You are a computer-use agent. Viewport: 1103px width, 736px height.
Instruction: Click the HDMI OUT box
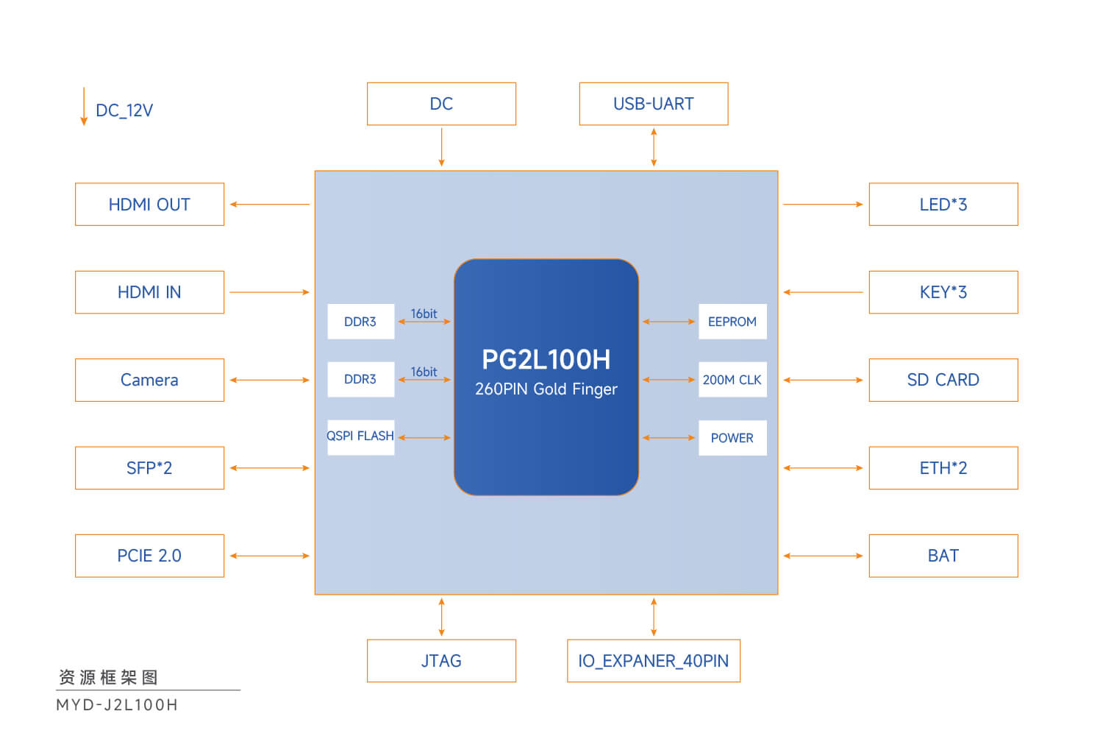tap(149, 205)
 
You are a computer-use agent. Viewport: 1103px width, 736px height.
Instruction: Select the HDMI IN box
tap(149, 292)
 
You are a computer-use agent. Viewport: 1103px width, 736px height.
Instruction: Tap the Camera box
tap(149, 380)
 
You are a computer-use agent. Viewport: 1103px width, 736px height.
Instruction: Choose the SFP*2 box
tap(149, 468)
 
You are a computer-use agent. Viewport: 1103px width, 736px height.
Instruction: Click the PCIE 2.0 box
tap(149, 556)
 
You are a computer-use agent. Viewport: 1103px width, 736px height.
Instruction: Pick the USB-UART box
tap(654, 104)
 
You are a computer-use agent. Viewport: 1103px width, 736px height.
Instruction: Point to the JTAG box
tap(441, 661)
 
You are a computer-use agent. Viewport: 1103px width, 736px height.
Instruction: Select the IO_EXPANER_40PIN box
tap(654, 661)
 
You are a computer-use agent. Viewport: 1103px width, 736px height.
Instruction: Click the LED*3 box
tap(943, 205)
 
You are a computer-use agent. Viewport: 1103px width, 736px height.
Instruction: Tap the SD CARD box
tap(943, 380)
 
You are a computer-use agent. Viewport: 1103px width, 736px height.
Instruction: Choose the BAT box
tap(943, 556)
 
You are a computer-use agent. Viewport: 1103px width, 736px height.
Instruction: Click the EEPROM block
tap(732, 322)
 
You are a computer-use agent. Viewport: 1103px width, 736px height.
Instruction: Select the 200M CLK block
tap(732, 380)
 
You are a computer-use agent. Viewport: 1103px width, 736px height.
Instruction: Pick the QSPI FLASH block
tap(360, 437)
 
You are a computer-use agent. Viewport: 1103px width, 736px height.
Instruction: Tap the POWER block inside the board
tap(732, 438)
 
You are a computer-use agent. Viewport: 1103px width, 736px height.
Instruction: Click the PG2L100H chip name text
tap(546, 360)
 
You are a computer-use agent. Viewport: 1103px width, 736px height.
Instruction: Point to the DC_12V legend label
tap(124, 110)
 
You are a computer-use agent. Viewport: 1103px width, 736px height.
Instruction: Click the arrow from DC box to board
tap(441, 147)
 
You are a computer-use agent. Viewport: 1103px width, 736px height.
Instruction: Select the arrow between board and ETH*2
tap(823, 468)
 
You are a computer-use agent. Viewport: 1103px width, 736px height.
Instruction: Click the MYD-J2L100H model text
tap(117, 705)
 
